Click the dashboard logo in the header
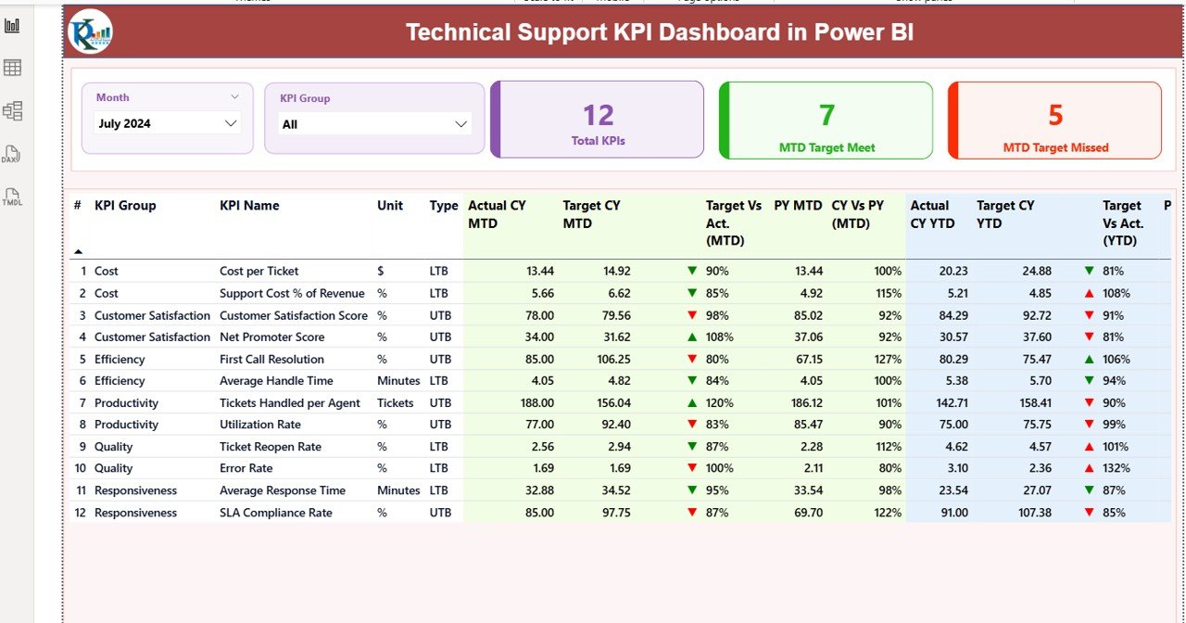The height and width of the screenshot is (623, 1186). coord(90,32)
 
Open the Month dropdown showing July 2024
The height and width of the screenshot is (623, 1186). coord(167,123)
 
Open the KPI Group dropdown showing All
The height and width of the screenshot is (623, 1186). coord(375,124)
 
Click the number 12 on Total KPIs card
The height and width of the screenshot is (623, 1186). coord(599,115)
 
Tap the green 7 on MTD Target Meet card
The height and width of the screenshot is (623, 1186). coord(826,115)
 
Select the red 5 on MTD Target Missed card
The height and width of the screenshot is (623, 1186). coord(1055,115)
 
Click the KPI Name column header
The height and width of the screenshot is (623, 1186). coord(249,206)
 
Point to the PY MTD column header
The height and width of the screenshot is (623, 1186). coord(798,206)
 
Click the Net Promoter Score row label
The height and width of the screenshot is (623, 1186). coord(271,337)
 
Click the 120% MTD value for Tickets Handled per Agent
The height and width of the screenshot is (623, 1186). coord(719,403)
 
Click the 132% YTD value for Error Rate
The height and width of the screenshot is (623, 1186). coord(1116,469)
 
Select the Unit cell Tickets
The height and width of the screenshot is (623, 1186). coord(396,403)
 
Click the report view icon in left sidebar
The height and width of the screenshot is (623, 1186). coord(12,25)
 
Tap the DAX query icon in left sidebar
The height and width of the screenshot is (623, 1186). coord(12,154)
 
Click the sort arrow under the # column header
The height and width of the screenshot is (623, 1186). coord(78,251)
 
